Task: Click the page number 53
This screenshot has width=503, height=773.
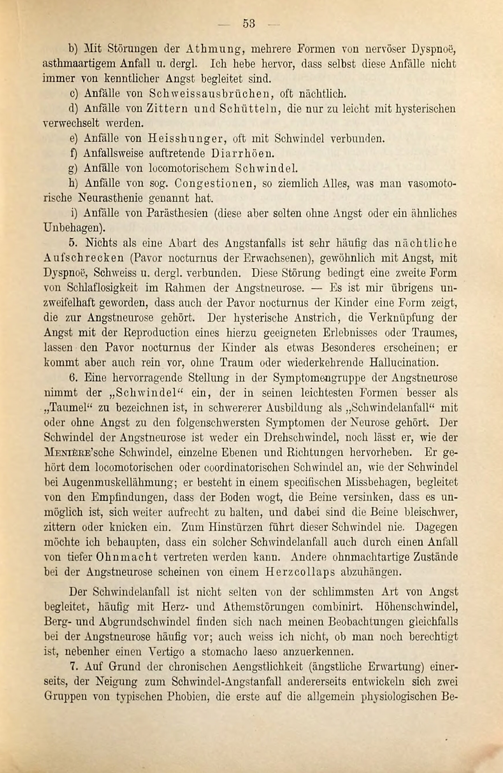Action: click(249, 24)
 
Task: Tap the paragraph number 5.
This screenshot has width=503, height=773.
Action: click(72, 243)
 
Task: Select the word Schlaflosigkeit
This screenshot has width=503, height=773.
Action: click(102, 288)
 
